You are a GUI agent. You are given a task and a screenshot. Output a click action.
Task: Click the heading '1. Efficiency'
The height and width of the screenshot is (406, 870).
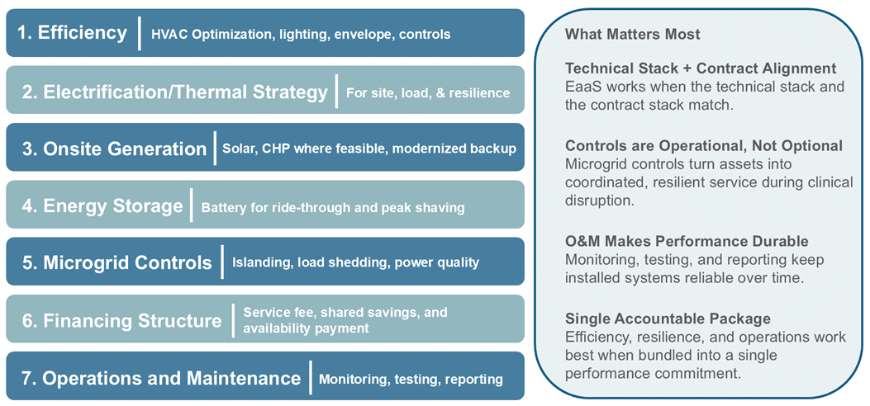tap(72, 33)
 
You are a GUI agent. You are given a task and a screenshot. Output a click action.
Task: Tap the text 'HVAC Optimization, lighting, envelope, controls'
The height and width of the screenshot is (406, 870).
tap(301, 35)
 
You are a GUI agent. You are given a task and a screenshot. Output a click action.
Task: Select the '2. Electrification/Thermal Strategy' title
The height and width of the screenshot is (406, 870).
tap(174, 92)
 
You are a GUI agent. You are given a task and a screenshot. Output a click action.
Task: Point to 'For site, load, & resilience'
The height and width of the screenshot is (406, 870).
tap(427, 92)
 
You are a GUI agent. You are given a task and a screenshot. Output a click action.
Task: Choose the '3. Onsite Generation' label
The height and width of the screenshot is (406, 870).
tap(114, 149)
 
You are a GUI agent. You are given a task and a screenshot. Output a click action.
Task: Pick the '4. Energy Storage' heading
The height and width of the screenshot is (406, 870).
tap(102, 205)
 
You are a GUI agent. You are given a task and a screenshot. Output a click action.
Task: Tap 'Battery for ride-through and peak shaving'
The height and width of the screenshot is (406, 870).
tap(333, 208)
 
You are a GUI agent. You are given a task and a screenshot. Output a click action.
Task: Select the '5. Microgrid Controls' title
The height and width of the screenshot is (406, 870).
tap(116, 263)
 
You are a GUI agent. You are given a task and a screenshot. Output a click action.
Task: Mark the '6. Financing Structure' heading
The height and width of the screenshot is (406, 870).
tap(121, 320)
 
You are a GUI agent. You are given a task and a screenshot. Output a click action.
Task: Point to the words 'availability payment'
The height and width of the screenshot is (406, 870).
tap(306, 328)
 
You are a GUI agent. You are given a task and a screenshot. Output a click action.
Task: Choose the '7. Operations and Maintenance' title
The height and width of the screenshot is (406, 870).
tap(161, 378)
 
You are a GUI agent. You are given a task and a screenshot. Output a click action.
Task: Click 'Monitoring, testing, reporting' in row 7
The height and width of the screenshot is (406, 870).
tap(411, 380)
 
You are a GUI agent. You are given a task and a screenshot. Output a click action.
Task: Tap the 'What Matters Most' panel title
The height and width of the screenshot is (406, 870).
tap(632, 34)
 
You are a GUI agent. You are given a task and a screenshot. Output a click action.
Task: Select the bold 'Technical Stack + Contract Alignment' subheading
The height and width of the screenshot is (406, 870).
tap(701, 68)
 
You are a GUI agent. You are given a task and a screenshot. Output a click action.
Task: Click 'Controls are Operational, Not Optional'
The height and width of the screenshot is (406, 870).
tap(704, 146)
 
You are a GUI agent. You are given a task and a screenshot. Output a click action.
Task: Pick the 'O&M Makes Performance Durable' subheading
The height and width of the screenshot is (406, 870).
tap(687, 241)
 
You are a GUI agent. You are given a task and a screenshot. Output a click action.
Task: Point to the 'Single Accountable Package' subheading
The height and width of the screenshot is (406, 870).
tap(668, 319)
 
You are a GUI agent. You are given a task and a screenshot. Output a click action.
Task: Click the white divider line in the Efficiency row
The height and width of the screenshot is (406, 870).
tap(140, 33)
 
